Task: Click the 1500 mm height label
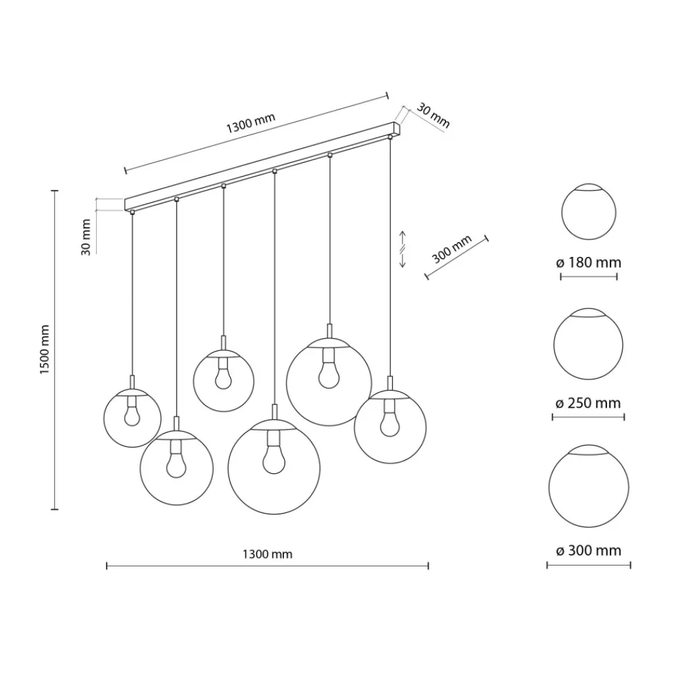pyautogui.click(x=45, y=349)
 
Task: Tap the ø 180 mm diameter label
pyautogui.click(x=589, y=262)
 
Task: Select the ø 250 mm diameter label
pyautogui.click(x=589, y=403)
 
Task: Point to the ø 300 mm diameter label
pyautogui.click(x=589, y=550)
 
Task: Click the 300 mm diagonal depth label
pyautogui.click(x=452, y=249)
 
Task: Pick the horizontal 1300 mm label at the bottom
pyautogui.click(x=267, y=554)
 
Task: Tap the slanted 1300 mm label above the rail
pyautogui.click(x=251, y=123)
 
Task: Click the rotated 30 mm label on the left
pyautogui.click(x=87, y=237)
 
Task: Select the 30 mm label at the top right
pyautogui.click(x=433, y=116)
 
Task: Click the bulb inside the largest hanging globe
pyautogui.click(x=274, y=459)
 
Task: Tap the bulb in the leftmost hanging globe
pyautogui.click(x=132, y=416)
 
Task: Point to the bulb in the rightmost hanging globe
pyautogui.click(x=390, y=425)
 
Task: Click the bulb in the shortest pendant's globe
pyautogui.click(x=223, y=378)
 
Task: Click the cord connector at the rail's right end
pyautogui.click(x=390, y=137)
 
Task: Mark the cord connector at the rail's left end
pyautogui.click(x=132, y=212)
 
